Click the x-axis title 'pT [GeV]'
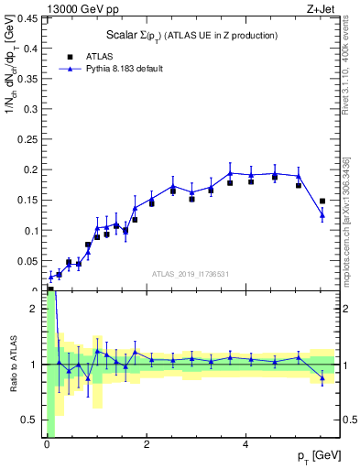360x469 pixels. click(x=316, y=456)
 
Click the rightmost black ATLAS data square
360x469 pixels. click(x=322, y=201)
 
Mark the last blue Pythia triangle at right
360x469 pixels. click(x=322, y=215)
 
